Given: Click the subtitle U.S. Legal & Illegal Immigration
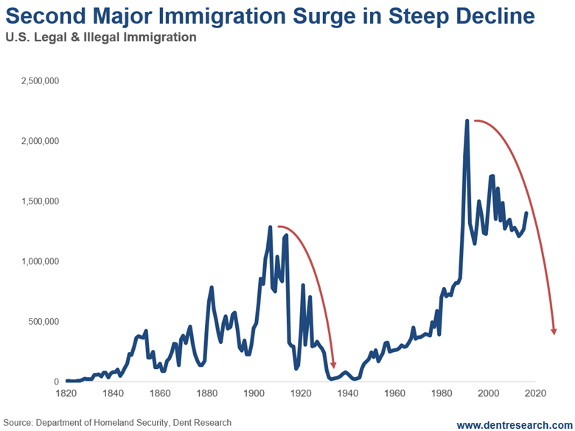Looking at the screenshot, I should pos(100,37).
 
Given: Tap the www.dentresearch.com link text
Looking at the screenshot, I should pos(513,424).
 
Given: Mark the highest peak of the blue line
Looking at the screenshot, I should pos(467,121).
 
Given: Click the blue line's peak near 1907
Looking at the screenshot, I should pos(271,227).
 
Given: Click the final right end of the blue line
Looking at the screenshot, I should pos(526,213).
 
